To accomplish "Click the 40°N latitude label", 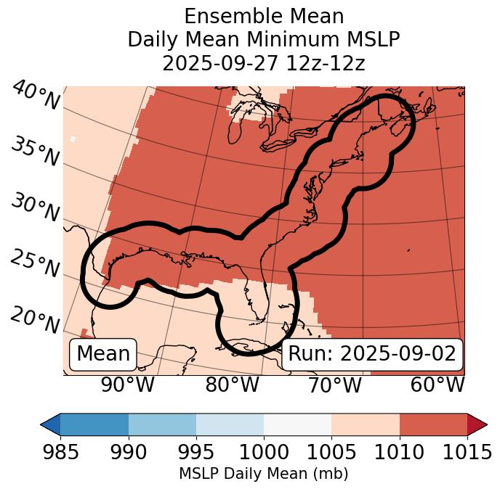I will point(36,96).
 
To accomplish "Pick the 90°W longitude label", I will point(128,385).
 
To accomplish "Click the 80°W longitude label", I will point(232,385).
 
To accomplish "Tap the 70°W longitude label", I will point(334,385).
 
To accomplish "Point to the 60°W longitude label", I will point(437,385).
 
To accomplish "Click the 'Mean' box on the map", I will point(103,354).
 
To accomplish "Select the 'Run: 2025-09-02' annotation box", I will point(372,354).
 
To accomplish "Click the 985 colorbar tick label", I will point(60,452).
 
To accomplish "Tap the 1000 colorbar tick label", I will point(264,452).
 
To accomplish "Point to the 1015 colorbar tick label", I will point(467,452).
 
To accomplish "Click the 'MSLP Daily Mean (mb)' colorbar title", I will point(263,474).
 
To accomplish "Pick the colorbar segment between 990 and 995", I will point(162,424).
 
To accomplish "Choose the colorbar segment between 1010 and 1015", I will point(433,424).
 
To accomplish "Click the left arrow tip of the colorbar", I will point(44,424).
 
